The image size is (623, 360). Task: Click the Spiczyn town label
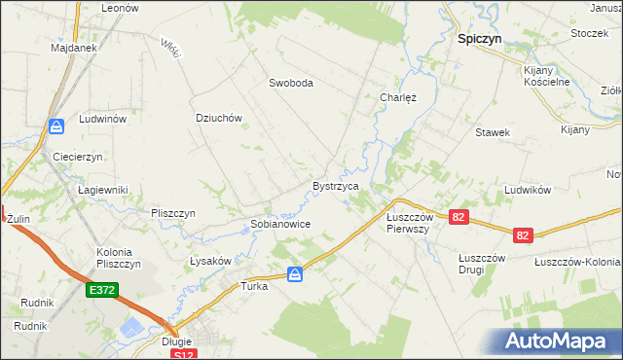point(479,41)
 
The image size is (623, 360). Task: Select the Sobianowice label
point(280,224)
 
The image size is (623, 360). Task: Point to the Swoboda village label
point(291,84)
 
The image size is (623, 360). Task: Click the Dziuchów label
point(218,118)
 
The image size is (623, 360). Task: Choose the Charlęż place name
point(397,97)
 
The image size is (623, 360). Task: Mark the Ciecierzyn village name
point(79,157)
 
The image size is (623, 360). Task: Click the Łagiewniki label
point(103,190)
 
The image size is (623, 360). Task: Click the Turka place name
point(254,287)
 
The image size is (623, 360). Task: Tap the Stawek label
point(493,132)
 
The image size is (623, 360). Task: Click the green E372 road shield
point(100,290)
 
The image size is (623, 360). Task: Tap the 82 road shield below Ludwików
point(524,235)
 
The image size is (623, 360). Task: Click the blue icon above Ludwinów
point(56,126)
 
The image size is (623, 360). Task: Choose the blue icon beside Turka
point(295,275)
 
